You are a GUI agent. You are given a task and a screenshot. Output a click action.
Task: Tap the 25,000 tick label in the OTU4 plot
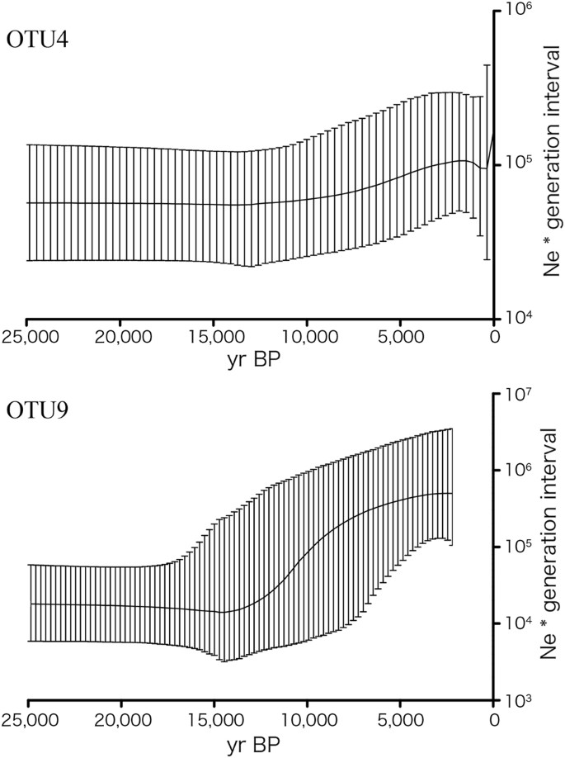(27, 336)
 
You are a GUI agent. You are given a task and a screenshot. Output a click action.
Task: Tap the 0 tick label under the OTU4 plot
(493, 336)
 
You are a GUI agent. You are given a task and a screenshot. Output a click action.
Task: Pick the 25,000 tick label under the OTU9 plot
(27, 719)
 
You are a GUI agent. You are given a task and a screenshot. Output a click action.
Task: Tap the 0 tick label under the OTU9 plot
(493, 719)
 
